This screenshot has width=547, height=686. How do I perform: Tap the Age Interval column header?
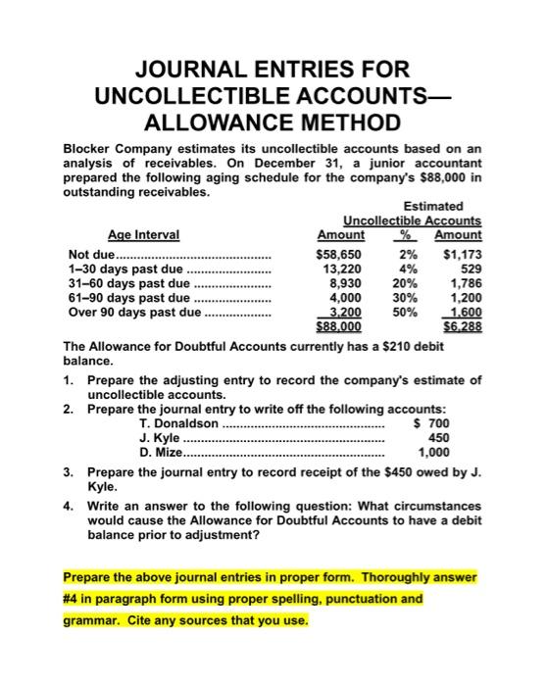click(147, 235)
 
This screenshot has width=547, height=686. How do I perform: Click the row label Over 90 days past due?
click(130, 315)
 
